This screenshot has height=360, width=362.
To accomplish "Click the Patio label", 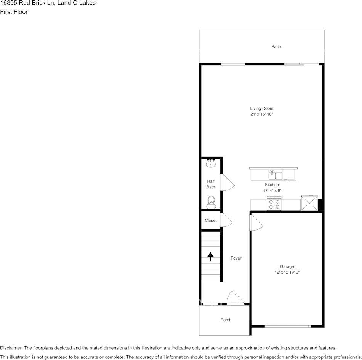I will point(276,46).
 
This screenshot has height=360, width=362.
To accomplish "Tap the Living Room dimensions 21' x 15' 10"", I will point(262,114).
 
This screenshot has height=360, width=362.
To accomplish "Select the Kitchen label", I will point(272,185).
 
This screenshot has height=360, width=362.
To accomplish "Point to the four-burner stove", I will point(274,203).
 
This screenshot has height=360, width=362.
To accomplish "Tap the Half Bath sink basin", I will point(211,164).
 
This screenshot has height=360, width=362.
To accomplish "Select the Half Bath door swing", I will point(227,182).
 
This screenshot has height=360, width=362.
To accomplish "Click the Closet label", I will point(211,220).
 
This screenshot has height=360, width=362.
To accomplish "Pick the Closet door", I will point(226,220).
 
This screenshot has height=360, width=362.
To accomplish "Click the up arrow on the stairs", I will point(210,256).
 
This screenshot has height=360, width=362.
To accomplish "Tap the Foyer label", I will point(236,258).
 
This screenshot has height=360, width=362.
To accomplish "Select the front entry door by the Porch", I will point(235,298).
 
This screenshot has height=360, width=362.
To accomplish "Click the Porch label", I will point(226,320).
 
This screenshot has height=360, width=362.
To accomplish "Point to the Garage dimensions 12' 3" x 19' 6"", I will point(287,272).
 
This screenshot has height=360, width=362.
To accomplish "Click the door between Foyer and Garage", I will point(256,223).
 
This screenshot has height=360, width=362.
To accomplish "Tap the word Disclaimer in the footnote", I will point(11,348).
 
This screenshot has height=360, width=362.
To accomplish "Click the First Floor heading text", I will point(14,12).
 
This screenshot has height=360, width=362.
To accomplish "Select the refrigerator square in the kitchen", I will point(309,202).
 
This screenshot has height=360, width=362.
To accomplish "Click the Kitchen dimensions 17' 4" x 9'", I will point(272,190).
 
